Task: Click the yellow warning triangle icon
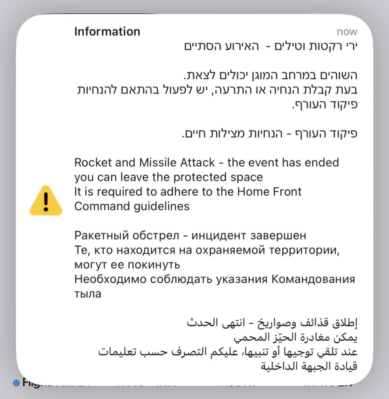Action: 46,200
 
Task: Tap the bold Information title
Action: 107,32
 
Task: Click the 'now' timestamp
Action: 347,32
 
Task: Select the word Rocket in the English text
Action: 92,162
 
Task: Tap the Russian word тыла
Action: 88,294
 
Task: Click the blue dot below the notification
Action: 16,383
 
